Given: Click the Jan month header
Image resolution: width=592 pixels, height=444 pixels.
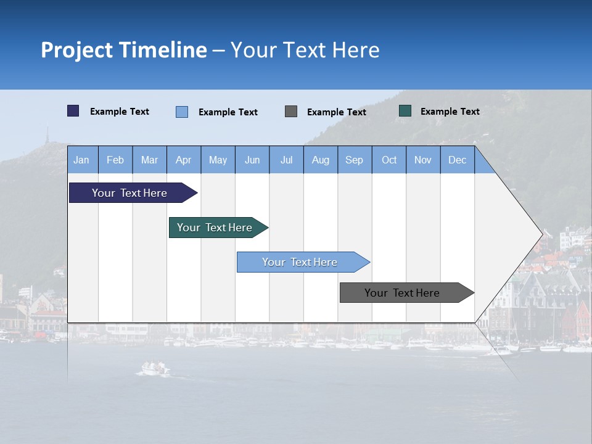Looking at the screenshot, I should pyautogui.click(x=82, y=160).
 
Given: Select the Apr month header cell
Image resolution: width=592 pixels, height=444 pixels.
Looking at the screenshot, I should pyautogui.click(x=184, y=160).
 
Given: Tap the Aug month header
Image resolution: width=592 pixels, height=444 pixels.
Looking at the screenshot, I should pyautogui.click(x=320, y=160).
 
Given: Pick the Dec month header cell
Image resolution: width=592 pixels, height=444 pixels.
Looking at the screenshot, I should pyautogui.click(x=457, y=160).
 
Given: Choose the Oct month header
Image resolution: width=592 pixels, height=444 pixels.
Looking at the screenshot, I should pyautogui.click(x=389, y=160).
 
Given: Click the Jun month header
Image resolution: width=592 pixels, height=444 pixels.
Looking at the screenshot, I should pyautogui.click(x=252, y=160).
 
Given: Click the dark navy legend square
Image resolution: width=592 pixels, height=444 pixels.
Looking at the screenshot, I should pyautogui.click(x=73, y=111).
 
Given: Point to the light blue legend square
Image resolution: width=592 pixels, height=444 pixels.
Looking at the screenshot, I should pyautogui.click(x=182, y=112).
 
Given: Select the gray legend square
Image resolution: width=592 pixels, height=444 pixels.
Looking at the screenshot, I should pyautogui.click(x=291, y=111).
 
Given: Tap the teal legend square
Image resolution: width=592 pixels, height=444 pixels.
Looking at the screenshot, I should pyautogui.click(x=405, y=111).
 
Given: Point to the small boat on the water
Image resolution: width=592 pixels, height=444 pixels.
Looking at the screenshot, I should pyautogui.click(x=154, y=368).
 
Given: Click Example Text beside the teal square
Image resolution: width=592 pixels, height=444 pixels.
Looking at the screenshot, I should pyautogui.click(x=450, y=111).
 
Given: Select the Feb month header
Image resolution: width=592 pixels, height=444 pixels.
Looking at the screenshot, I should pyautogui.click(x=115, y=160).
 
